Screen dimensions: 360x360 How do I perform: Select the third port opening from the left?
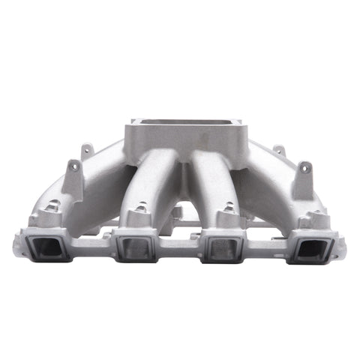(x=223, y=248)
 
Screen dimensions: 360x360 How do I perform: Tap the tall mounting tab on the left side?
(x=73, y=177)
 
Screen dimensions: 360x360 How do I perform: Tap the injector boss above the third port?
(x=225, y=216)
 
